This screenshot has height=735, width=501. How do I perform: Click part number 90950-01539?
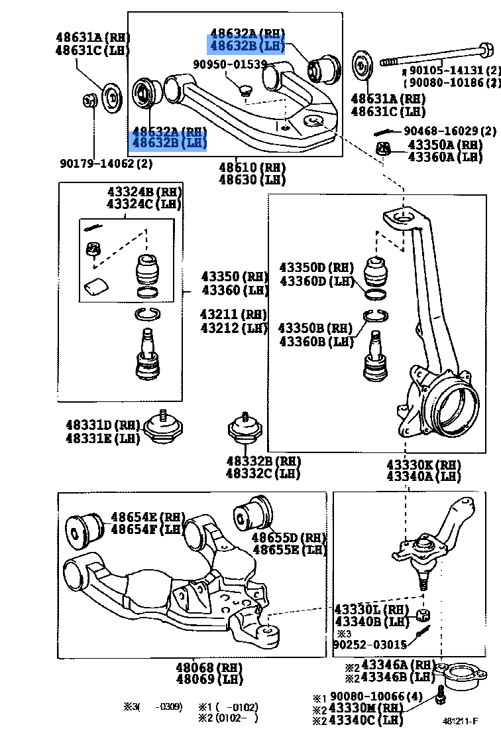pos(230,64)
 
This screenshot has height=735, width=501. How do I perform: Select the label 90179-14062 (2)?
pos(105,163)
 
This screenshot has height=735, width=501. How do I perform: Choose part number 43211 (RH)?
pos(234,314)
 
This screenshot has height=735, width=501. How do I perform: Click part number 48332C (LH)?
pos(262,474)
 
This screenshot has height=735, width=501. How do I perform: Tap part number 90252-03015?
pos(369,644)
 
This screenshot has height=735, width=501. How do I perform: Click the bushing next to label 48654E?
pos(85,529)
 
